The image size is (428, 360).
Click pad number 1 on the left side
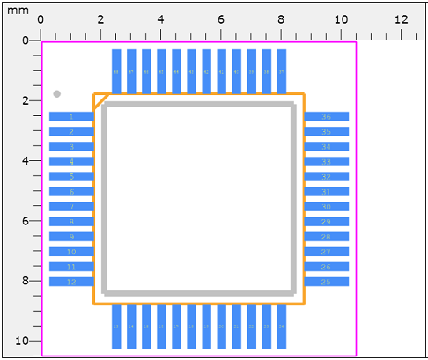71,117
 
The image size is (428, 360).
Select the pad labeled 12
71,282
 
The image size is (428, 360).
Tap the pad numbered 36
327,117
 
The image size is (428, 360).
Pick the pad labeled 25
327,282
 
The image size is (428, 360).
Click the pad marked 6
71,192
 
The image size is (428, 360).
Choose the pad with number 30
327,207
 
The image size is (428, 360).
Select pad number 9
71,237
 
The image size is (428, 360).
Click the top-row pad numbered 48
116,70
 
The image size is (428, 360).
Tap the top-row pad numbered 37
282,70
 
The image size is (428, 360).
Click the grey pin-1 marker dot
56,93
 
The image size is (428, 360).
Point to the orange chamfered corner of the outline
100,99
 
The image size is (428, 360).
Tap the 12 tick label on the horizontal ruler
401,18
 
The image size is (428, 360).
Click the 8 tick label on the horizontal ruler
281,18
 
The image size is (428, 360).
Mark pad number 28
327,237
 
